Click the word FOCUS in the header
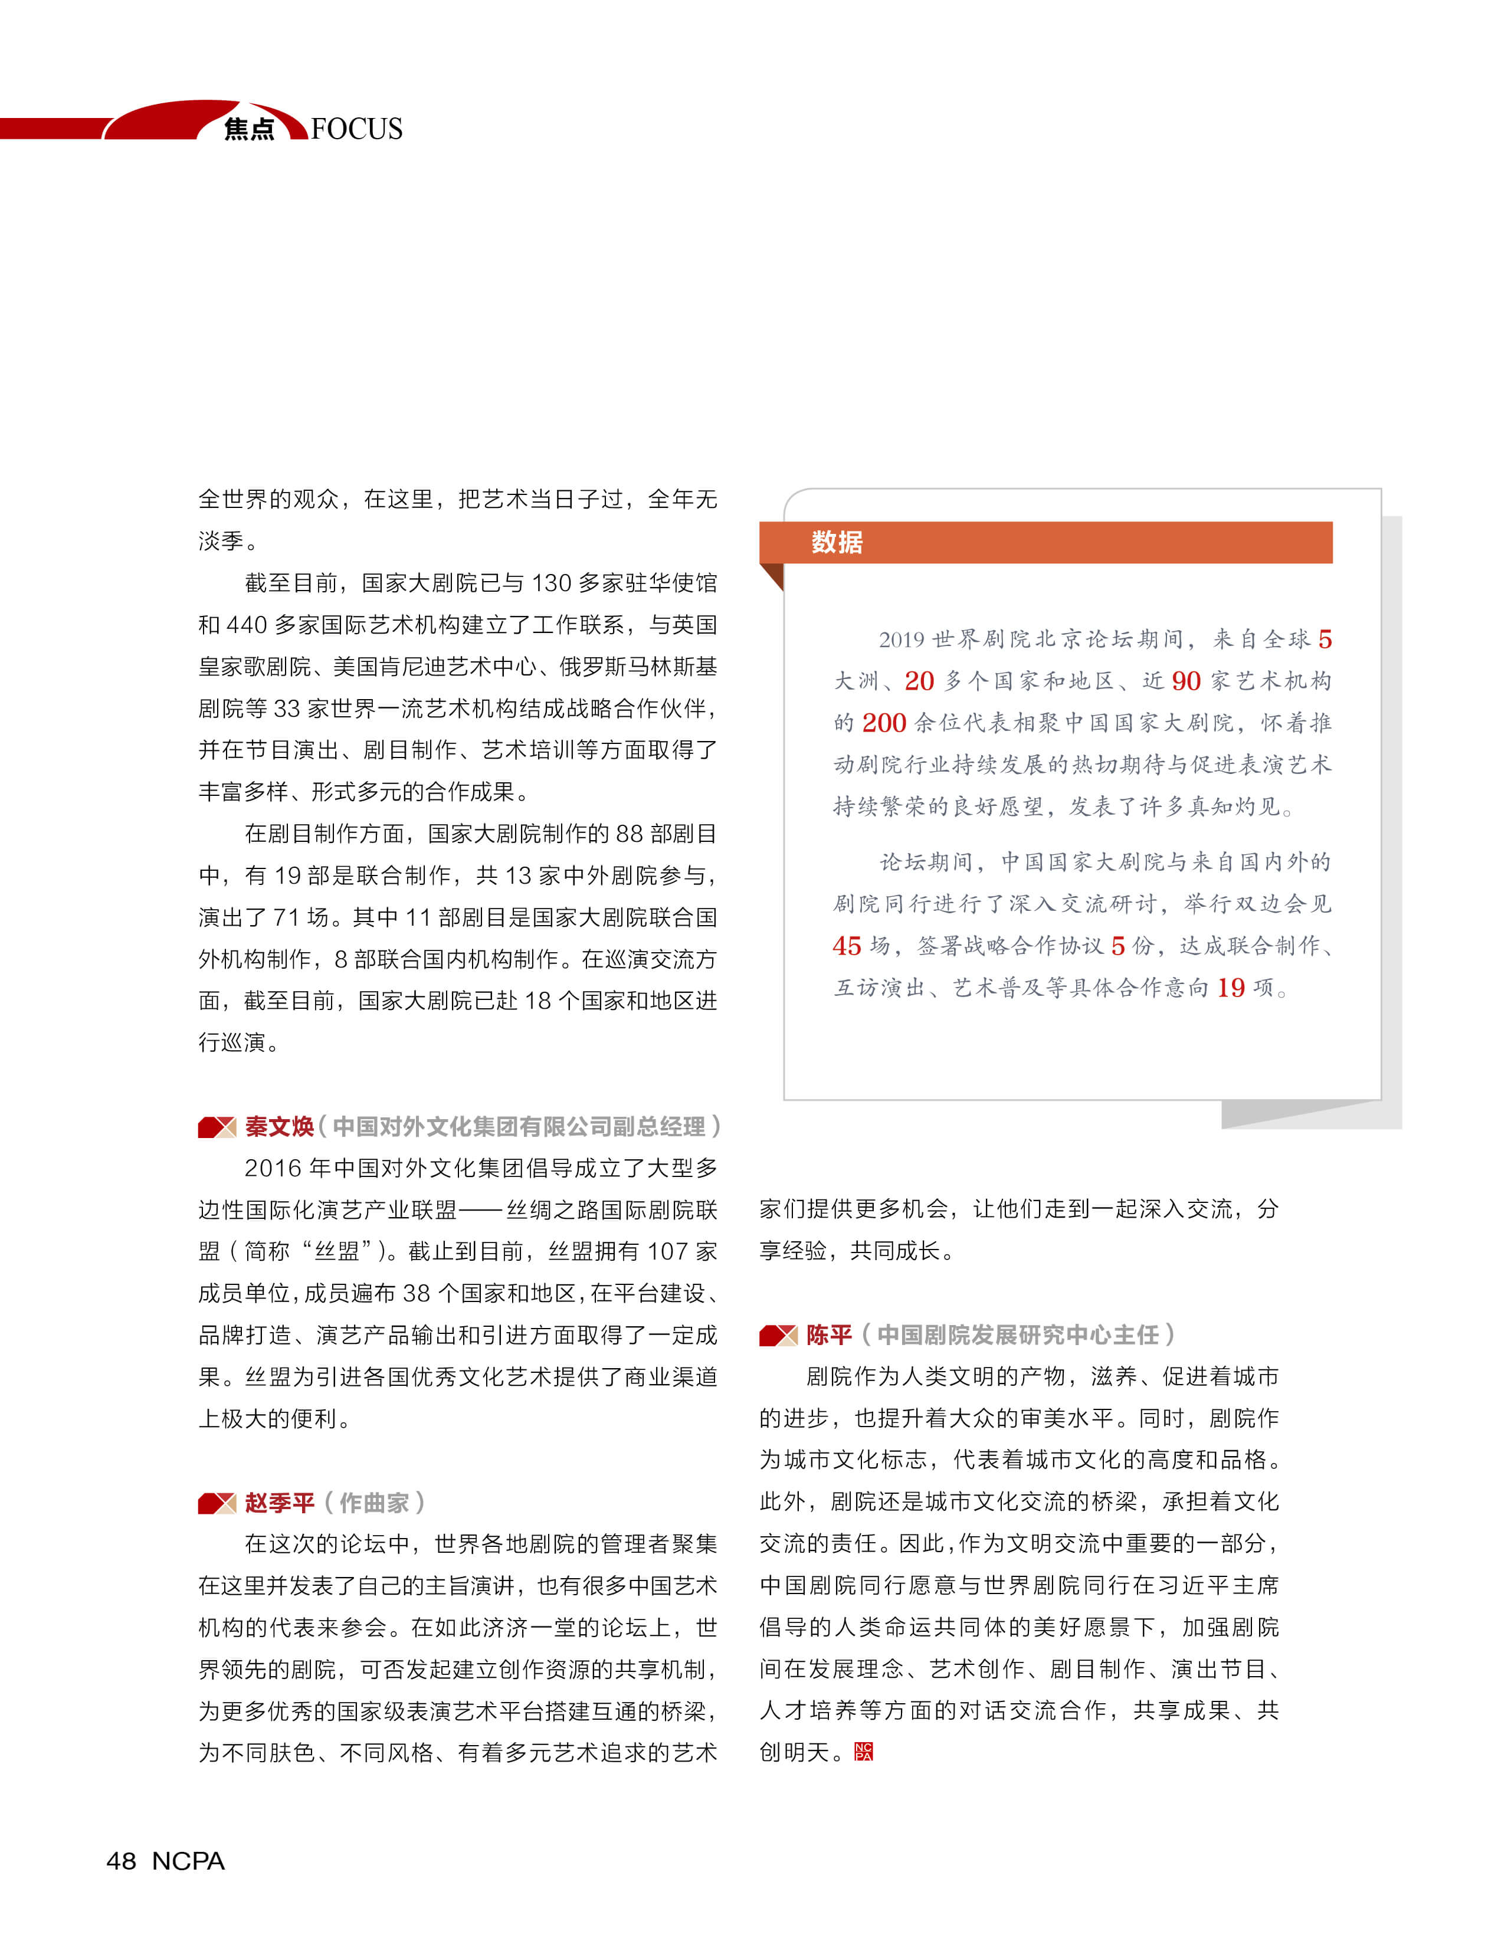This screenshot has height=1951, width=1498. (x=357, y=129)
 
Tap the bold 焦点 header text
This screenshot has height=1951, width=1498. (x=249, y=129)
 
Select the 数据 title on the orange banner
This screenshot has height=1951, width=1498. (x=837, y=542)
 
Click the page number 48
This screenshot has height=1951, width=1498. (x=122, y=1861)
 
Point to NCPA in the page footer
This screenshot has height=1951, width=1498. (x=188, y=1861)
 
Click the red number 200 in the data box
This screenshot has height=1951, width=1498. (x=884, y=723)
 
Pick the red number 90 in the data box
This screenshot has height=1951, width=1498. (x=1186, y=681)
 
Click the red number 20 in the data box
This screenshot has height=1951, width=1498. (x=919, y=681)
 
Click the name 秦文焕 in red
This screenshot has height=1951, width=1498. (x=279, y=1127)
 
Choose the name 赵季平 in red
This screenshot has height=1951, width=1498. (x=279, y=1503)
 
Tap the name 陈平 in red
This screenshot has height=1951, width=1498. (x=830, y=1335)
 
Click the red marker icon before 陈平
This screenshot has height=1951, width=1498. (x=778, y=1335)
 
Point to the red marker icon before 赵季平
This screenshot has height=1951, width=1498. (x=217, y=1503)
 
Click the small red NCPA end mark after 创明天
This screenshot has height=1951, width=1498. (x=863, y=1752)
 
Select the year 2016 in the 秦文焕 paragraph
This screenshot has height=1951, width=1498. (x=272, y=1168)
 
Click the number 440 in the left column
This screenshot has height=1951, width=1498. (x=246, y=625)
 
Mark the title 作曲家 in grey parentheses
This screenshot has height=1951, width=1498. (x=373, y=1503)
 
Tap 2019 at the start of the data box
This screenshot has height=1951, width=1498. (x=900, y=640)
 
